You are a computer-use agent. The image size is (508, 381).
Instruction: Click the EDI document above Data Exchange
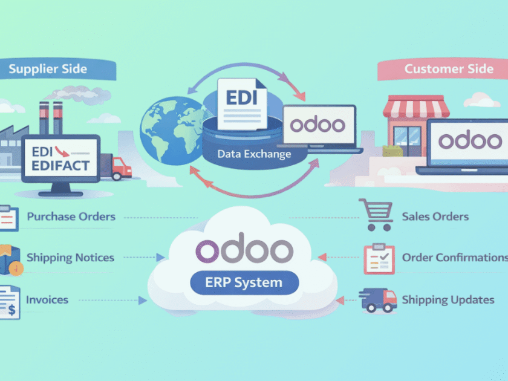[x=241, y=103]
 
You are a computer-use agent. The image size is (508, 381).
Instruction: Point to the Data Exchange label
[x=254, y=154]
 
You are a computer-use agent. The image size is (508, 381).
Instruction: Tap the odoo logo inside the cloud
[x=245, y=249]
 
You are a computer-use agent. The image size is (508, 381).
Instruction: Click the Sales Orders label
[x=435, y=217]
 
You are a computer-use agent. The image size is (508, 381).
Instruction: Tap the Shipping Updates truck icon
[x=377, y=299]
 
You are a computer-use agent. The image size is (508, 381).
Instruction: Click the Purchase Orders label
[x=71, y=217]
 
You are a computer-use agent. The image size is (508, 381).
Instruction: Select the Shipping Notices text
[x=70, y=258]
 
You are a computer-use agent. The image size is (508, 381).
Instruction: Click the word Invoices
[x=47, y=299]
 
